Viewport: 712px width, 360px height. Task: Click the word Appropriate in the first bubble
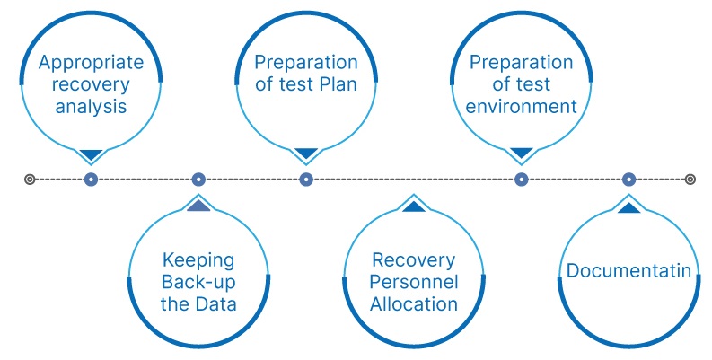pyautogui.click(x=90, y=65)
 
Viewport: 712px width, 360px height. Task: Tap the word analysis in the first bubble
pyautogui.click(x=90, y=108)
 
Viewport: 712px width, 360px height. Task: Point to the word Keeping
pyautogui.click(x=198, y=260)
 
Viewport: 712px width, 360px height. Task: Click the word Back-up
pyautogui.click(x=198, y=282)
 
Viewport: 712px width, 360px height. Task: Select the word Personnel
pyautogui.click(x=414, y=282)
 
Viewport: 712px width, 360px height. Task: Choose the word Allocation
pyautogui.click(x=414, y=303)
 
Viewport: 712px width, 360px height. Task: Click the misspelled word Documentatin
pyautogui.click(x=628, y=271)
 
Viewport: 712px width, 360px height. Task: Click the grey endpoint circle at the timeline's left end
pyautogui.click(x=30, y=180)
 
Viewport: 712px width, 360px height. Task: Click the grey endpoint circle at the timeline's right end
pyautogui.click(x=690, y=180)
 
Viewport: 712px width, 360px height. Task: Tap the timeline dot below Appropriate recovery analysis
pyautogui.click(x=91, y=180)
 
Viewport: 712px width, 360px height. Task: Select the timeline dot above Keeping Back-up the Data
pyautogui.click(x=198, y=180)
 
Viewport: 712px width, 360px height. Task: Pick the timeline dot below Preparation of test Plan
pyautogui.click(x=306, y=180)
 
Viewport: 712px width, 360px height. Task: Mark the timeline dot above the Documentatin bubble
pyautogui.click(x=628, y=180)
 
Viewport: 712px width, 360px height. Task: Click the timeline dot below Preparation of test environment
pyautogui.click(x=521, y=180)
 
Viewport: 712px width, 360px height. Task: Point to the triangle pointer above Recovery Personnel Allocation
pyautogui.click(x=414, y=207)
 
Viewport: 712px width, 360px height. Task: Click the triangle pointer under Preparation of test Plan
pyautogui.click(x=306, y=154)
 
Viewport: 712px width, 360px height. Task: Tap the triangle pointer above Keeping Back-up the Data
pyautogui.click(x=198, y=206)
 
